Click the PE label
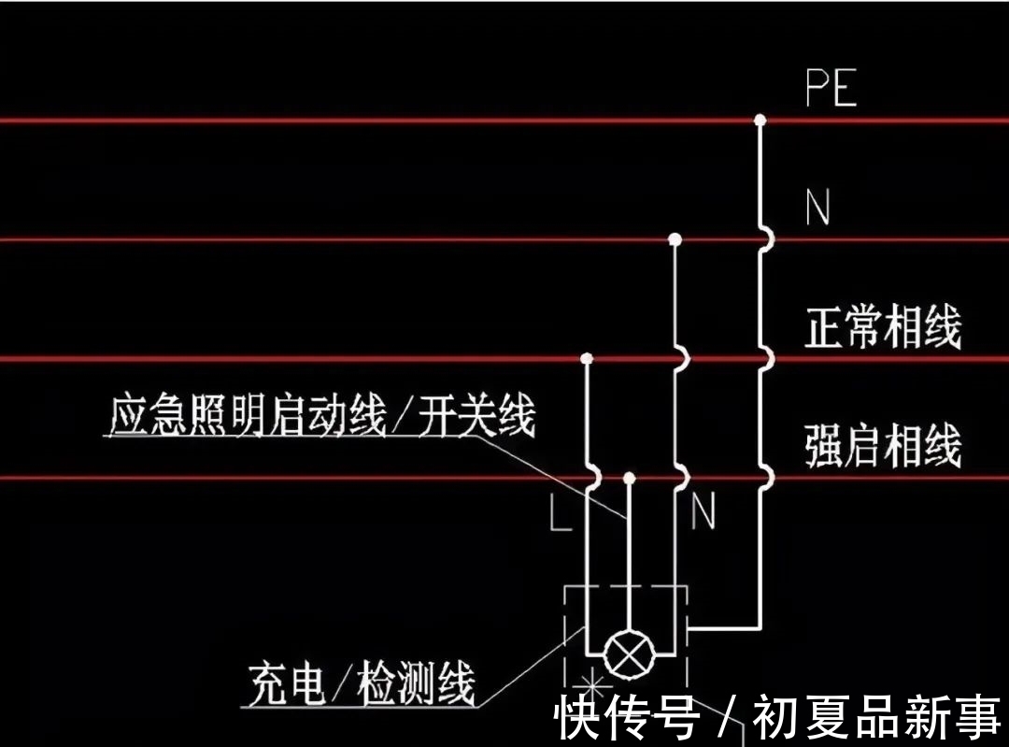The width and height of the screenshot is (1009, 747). pos(831,89)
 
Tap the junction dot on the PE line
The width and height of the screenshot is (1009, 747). pos(760,120)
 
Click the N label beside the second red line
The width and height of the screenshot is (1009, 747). pos(817,208)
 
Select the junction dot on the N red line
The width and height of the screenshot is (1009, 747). pos(675,239)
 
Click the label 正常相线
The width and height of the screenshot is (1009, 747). pos(883,329)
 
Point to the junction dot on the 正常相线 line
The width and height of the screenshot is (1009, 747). pos(587,358)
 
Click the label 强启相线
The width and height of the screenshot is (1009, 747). pos(883,448)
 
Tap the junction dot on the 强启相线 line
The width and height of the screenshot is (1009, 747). pos(629,478)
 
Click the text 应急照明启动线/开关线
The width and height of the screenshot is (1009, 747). pos(322,417)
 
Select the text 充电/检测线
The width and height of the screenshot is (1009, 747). pos(362,684)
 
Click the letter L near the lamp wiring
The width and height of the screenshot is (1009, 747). pos(560,513)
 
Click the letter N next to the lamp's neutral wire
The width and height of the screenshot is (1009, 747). pos(703,512)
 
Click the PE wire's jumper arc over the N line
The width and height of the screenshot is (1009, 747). pos(766,239)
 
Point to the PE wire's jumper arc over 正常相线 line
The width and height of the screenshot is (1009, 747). pos(766,358)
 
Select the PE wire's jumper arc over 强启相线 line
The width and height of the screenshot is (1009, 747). pos(766,478)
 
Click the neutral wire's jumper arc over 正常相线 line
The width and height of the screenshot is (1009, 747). pos(682,358)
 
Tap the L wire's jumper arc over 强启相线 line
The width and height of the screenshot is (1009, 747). pos(593,478)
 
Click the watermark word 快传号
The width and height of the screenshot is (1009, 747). pos(627,719)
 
